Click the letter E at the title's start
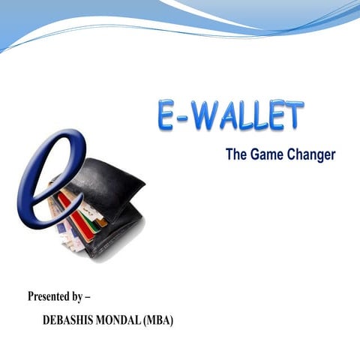[x=167, y=116]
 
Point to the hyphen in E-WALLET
[x=185, y=118]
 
